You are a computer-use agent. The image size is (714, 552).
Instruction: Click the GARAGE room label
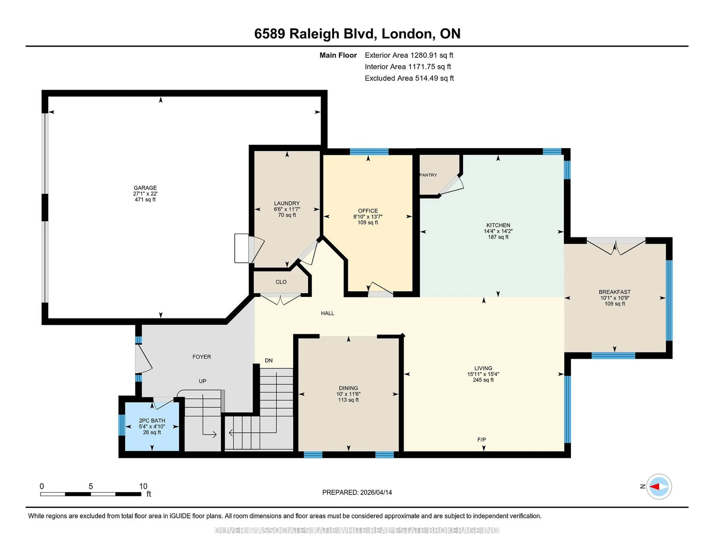coord(145,188)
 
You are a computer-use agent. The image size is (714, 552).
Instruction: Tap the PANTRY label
coord(428,175)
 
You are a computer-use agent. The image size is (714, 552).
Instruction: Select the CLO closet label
coord(281,282)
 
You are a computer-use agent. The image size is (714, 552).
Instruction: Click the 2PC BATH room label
coord(152,421)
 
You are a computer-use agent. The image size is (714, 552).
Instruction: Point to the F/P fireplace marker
coord(482,439)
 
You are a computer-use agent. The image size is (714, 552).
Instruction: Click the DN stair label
coord(269,360)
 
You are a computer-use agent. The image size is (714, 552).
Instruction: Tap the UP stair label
coord(202,381)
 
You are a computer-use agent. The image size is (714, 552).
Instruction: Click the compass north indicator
coord(659,487)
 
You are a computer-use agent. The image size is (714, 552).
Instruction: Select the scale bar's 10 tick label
coord(143,486)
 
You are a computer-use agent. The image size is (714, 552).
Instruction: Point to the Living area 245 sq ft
coord(483,380)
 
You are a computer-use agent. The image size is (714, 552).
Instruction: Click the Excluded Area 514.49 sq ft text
coord(409,78)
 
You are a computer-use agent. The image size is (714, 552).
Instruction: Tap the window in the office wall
coord(369,151)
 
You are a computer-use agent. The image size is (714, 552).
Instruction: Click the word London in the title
coord(407,34)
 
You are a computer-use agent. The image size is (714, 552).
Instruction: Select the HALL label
coord(327,313)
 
